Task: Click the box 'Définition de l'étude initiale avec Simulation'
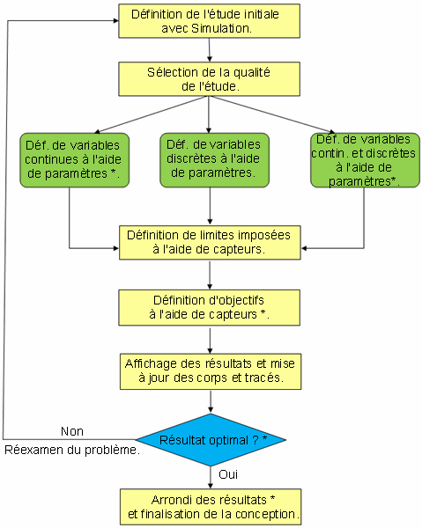[208, 22]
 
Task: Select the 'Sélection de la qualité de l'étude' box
[208, 78]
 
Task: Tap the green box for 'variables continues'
[74, 159]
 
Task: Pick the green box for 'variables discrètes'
[214, 159]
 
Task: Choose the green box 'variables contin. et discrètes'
[363, 159]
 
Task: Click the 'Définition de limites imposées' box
[208, 242]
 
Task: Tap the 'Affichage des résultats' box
[208, 371]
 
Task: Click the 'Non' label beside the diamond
[72, 430]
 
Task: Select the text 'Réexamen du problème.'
[72, 451]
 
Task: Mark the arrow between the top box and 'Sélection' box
[209, 51]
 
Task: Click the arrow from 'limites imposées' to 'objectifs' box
[209, 275]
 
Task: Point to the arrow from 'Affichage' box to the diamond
[209, 402]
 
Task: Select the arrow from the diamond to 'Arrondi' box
[210, 475]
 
